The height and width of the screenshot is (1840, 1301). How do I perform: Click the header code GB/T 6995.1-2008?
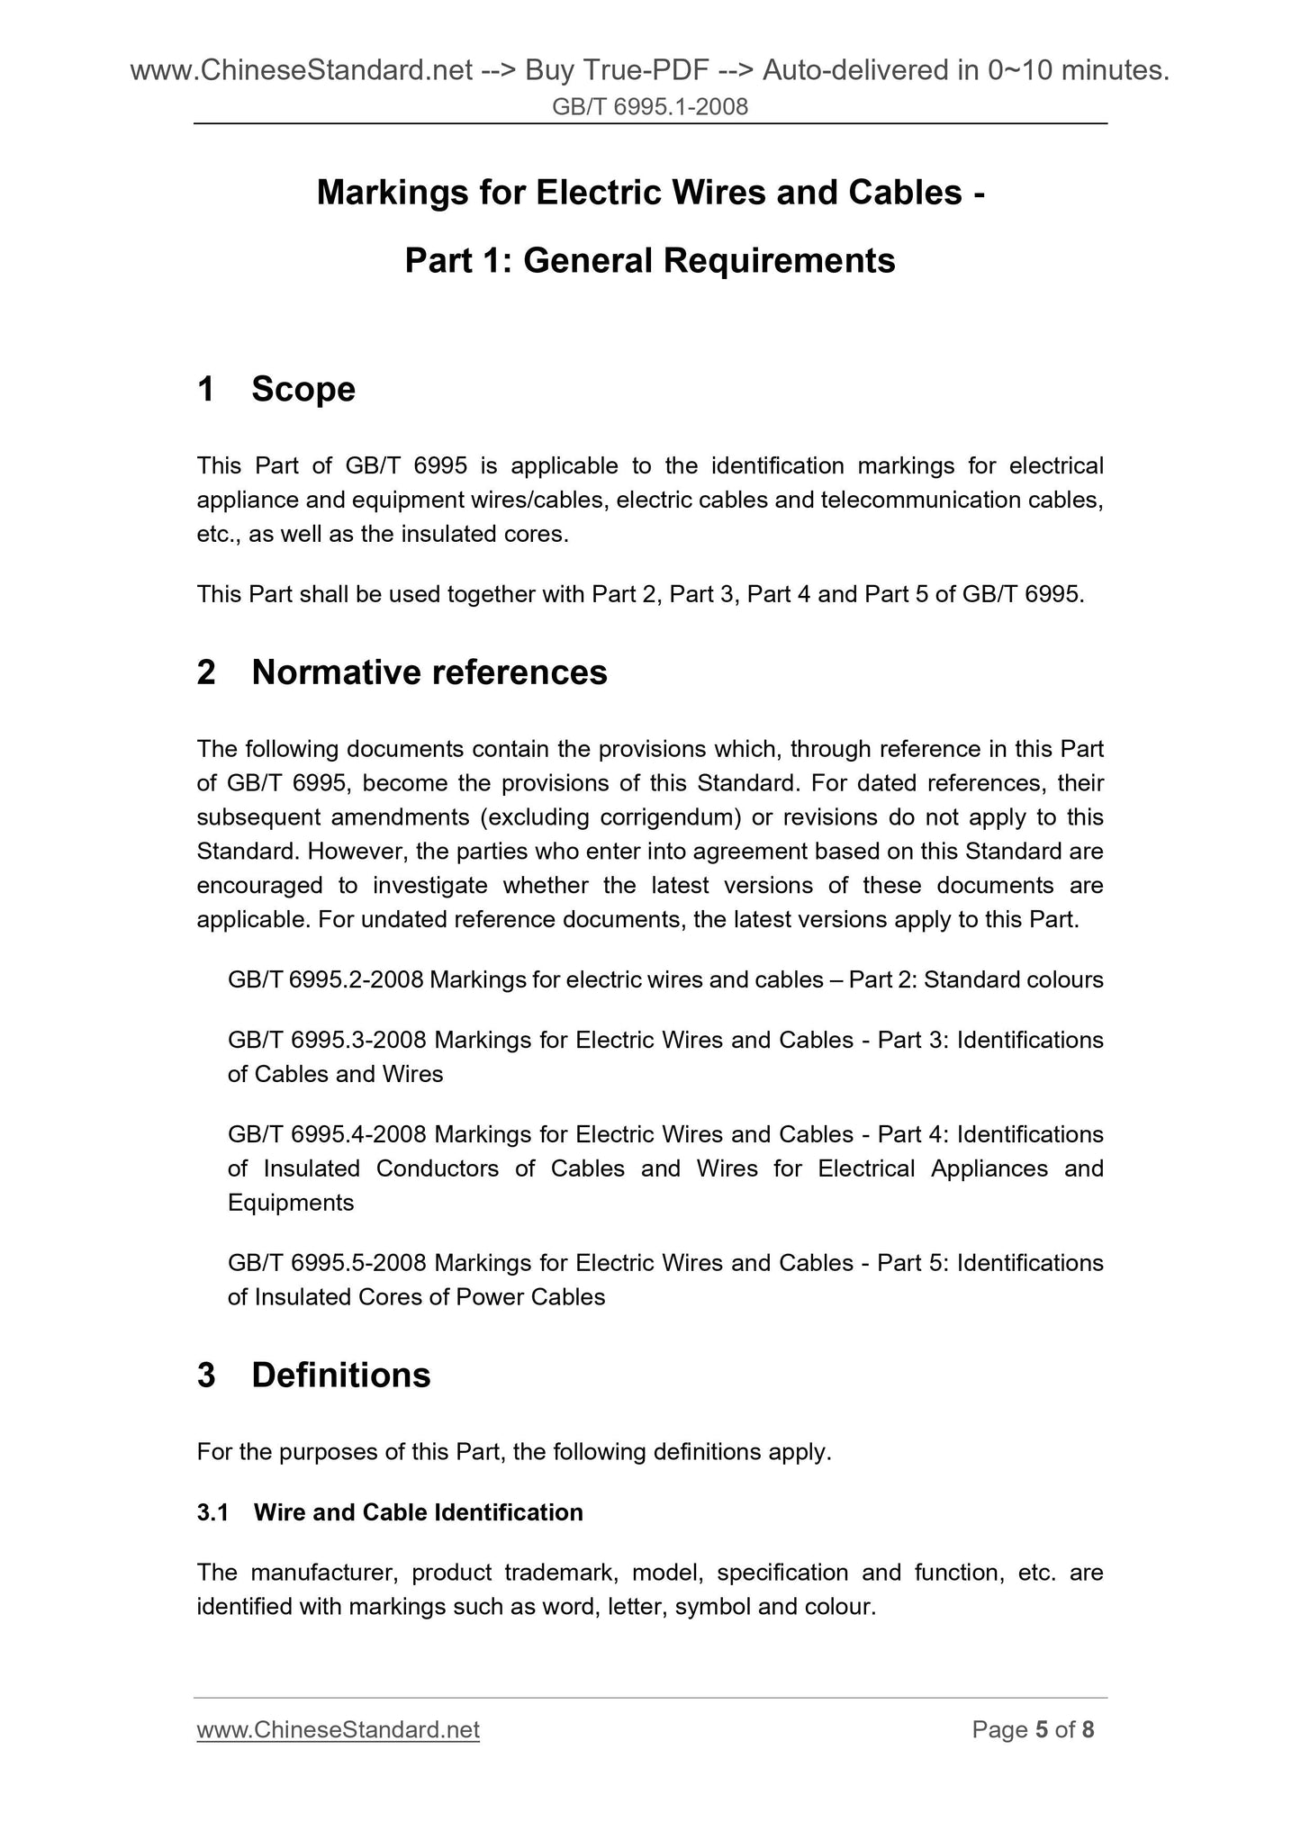click(x=650, y=108)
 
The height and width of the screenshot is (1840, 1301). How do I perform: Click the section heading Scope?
click(x=303, y=389)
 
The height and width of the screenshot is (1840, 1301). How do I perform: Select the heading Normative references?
click(x=429, y=672)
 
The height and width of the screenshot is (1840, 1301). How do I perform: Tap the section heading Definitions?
click(x=341, y=1375)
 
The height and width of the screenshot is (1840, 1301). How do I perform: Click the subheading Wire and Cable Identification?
click(x=418, y=1512)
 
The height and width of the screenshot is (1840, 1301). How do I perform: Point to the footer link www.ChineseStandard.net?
click(x=338, y=1730)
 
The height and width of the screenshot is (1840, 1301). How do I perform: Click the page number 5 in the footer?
click(x=1042, y=1730)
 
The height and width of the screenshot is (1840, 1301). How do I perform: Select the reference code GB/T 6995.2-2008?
click(x=325, y=979)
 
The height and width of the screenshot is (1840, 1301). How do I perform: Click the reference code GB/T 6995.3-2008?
click(x=327, y=1040)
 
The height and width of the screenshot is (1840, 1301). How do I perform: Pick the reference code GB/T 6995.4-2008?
click(x=327, y=1134)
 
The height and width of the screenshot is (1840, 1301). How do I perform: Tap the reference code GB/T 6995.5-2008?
click(x=327, y=1263)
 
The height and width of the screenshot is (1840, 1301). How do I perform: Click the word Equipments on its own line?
click(x=291, y=1203)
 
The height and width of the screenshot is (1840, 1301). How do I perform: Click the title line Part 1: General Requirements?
click(x=650, y=261)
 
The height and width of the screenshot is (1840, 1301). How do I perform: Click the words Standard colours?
click(x=1013, y=979)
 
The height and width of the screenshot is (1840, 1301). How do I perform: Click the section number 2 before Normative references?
click(x=206, y=672)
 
